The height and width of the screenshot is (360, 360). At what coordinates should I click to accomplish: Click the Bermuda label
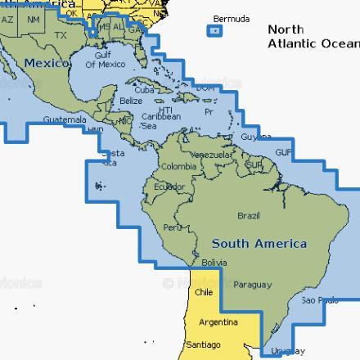pos(232,19)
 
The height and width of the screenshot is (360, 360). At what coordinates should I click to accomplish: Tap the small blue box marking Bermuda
pos(214,31)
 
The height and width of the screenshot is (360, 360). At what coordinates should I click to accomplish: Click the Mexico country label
pos(47,63)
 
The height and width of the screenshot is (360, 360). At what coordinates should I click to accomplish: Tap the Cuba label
pos(145,89)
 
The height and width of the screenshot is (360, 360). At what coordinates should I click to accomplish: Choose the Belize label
pos(131,101)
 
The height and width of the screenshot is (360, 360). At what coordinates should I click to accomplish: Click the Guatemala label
pos(65,119)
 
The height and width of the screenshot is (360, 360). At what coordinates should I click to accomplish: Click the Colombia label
pos(178,166)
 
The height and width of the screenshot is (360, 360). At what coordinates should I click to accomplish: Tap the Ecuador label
pos(169,186)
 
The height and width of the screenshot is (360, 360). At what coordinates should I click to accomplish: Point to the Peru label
pos(172,227)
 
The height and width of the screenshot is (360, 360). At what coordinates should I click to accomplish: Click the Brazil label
pos(248,215)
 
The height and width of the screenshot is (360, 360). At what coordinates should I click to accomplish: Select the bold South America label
pos(259,244)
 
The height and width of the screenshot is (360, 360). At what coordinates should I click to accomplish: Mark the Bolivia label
pos(214,263)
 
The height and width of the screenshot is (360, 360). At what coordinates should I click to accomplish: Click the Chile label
pos(204,292)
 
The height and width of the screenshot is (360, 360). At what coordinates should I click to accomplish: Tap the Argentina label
pos(219,322)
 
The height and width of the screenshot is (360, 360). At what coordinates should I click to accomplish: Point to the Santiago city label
pos(203,344)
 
